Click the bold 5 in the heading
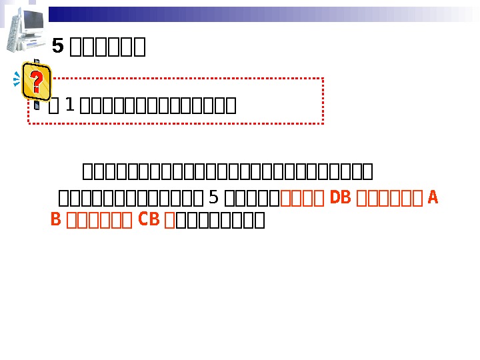click(57, 46)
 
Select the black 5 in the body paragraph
click(213, 197)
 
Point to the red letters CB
click(148, 219)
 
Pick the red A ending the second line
click(433, 197)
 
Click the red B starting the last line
click(56, 219)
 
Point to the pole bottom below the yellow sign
click(37, 107)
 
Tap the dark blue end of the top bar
click(60, 13)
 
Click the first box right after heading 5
click(75, 47)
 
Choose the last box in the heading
click(139, 47)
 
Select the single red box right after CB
click(169, 219)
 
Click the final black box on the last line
click(259, 219)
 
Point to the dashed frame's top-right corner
click(323, 78)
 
